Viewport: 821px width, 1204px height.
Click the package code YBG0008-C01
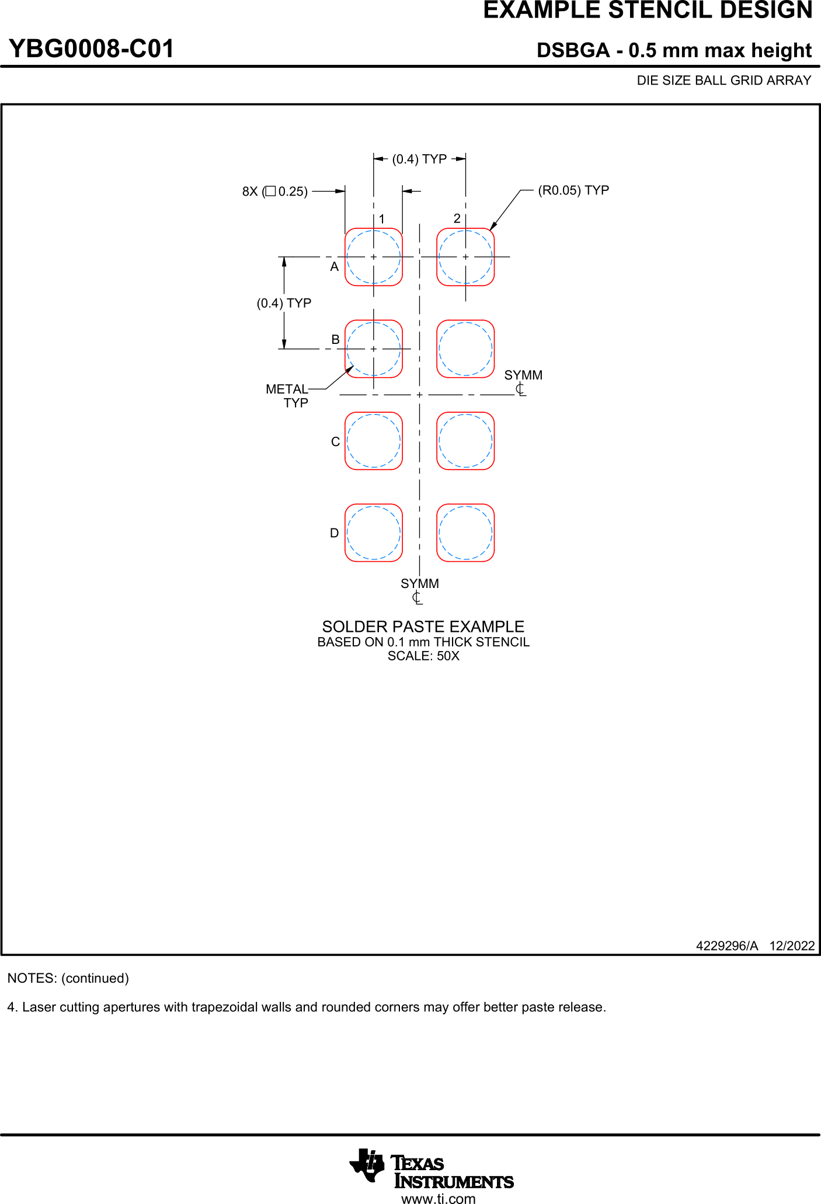click(x=91, y=49)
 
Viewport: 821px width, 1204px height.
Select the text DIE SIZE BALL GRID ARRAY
click(x=723, y=81)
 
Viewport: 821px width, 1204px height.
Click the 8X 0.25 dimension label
click(x=275, y=192)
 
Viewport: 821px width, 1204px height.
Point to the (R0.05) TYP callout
click(x=573, y=190)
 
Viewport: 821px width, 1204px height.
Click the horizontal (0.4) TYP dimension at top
click(x=419, y=159)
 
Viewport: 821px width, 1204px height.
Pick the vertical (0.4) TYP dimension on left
click(x=284, y=303)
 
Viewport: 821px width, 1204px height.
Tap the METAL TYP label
click(x=287, y=395)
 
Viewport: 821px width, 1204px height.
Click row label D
click(x=335, y=533)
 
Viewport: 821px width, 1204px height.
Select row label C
click(x=335, y=442)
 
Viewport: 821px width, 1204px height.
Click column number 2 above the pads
click(x=457, y=218)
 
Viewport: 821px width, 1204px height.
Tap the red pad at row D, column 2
click(x=465, y=533)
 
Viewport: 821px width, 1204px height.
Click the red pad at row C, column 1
click(x=374, y=441)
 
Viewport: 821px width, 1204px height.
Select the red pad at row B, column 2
click(x=465, y=349)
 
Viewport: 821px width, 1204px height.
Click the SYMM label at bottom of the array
click(x=419, y=584)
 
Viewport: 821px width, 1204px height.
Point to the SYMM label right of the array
click(x=523, y=375)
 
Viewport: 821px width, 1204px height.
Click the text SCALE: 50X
click(x=423, y=656)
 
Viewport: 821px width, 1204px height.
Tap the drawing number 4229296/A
click(x=726, y=946)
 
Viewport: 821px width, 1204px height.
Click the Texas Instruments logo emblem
click(x=367, y=1164)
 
